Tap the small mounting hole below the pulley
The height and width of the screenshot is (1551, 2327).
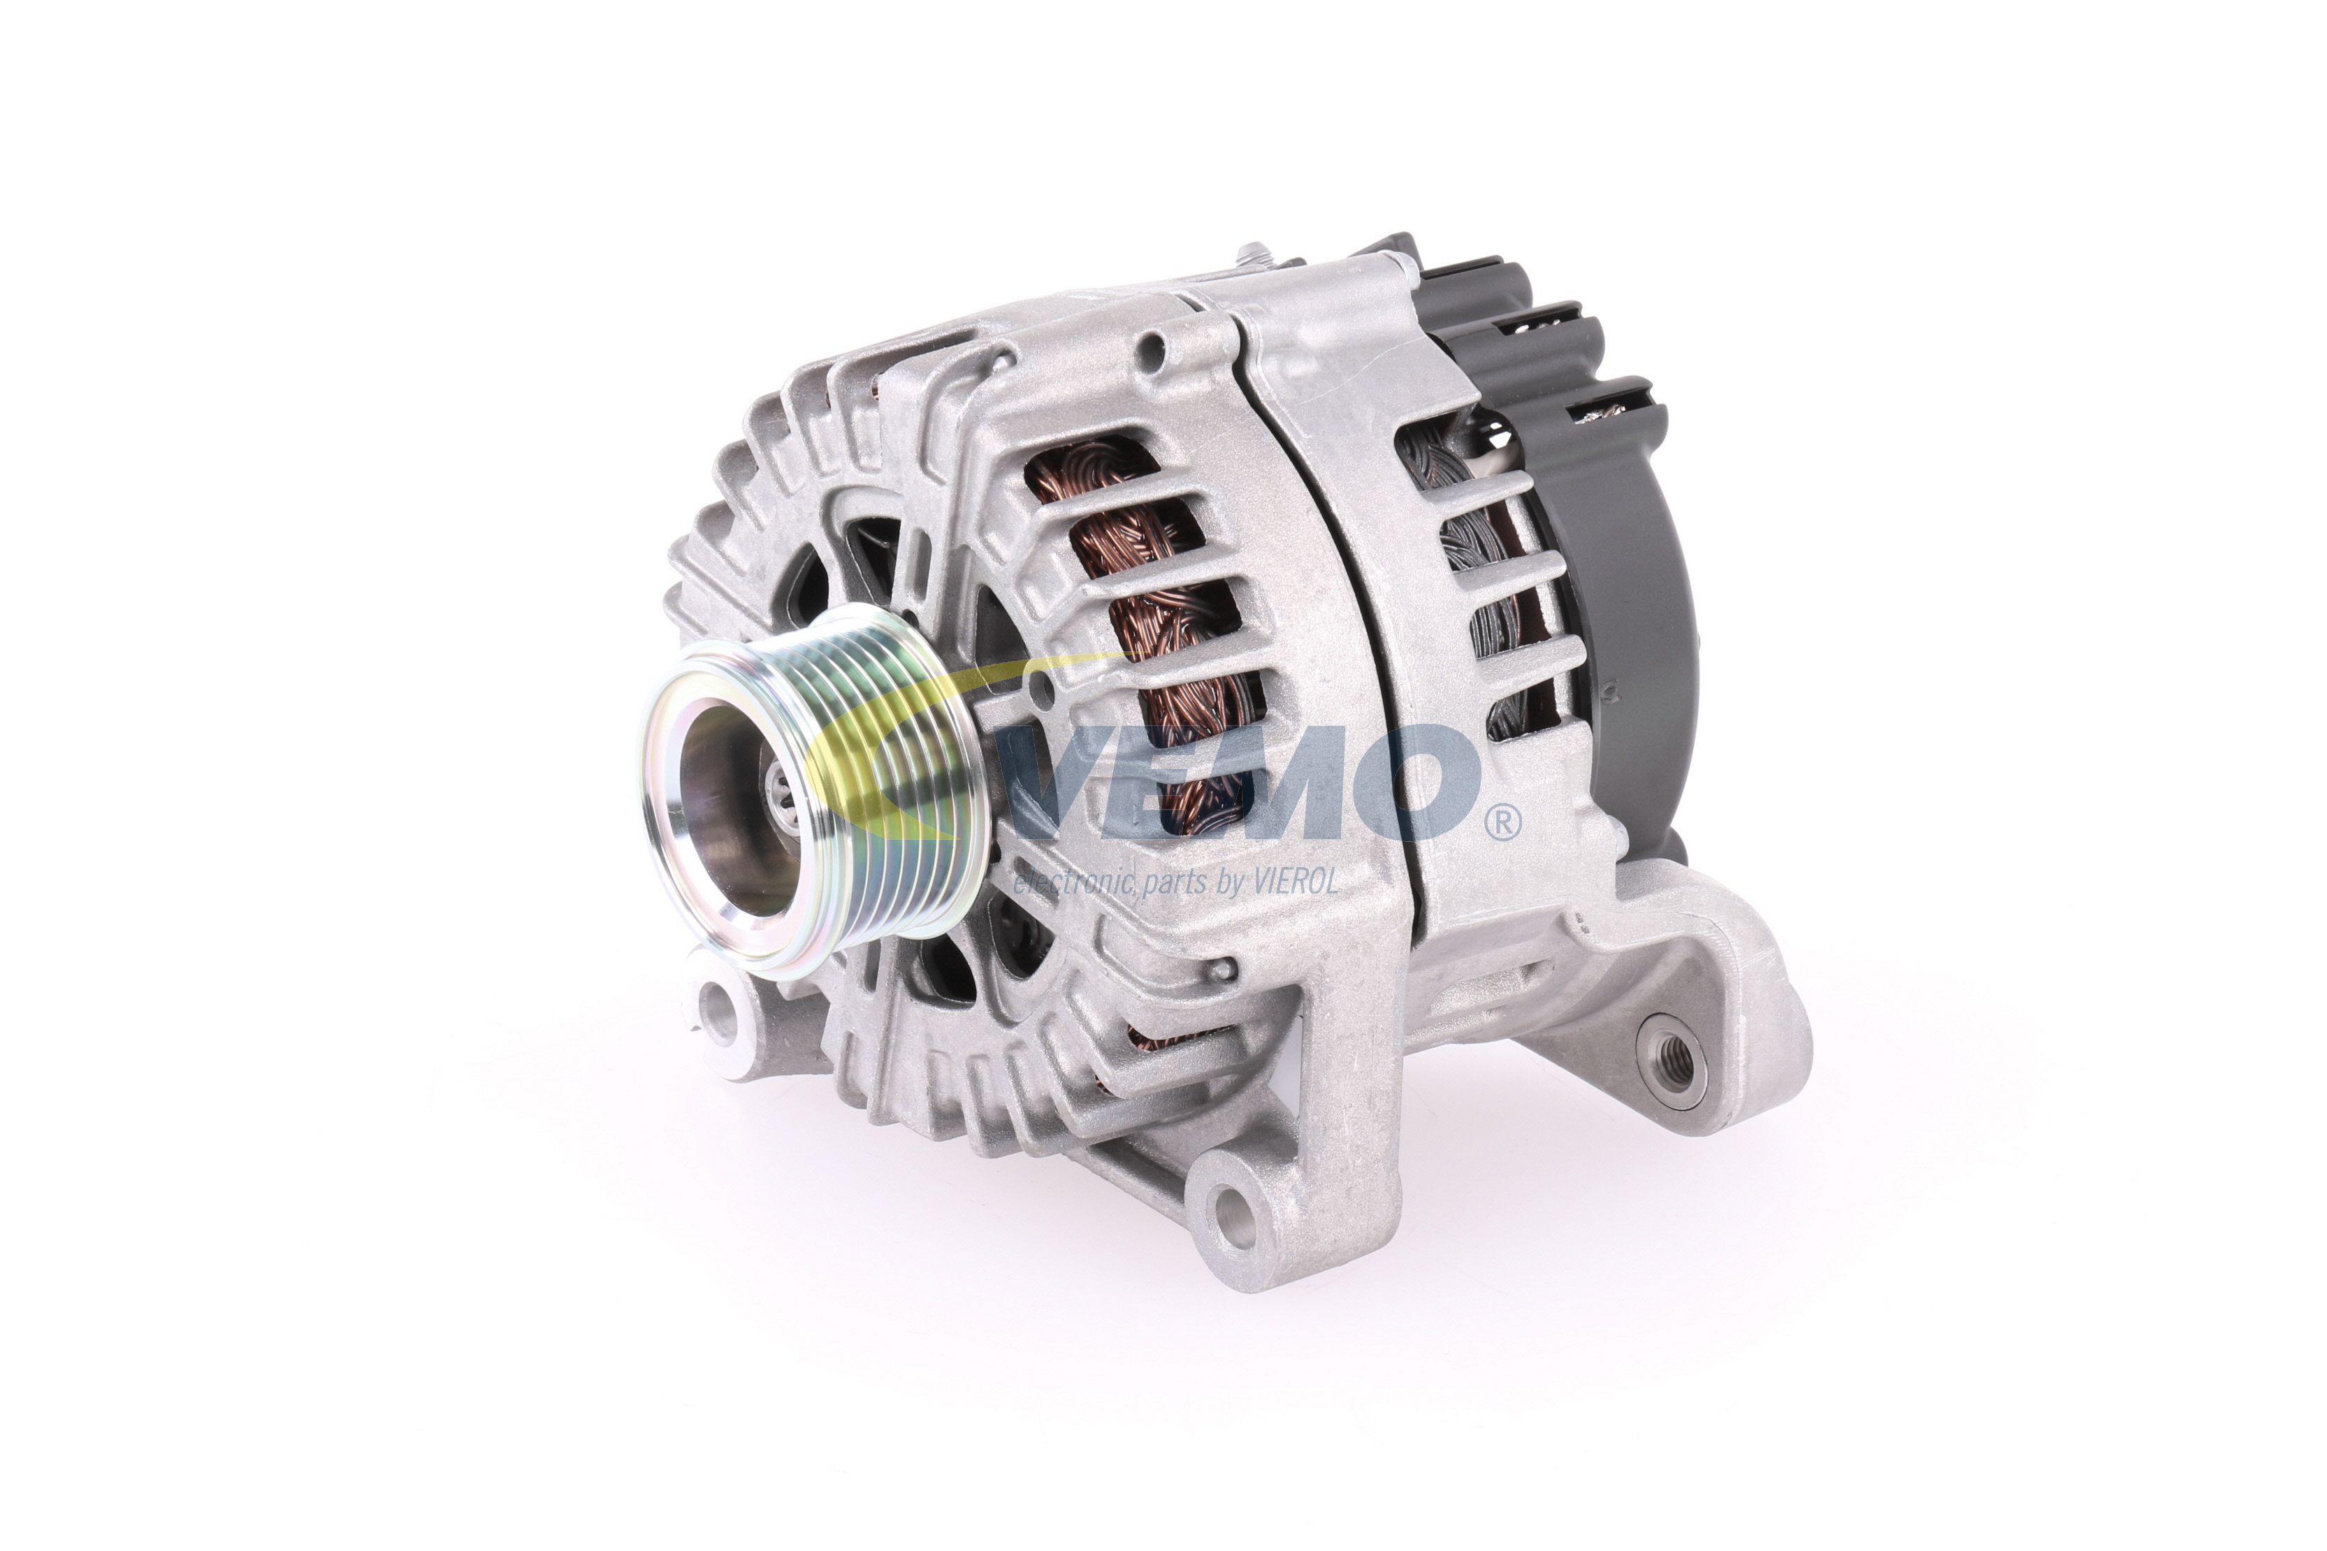[x=720, y=1010]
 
